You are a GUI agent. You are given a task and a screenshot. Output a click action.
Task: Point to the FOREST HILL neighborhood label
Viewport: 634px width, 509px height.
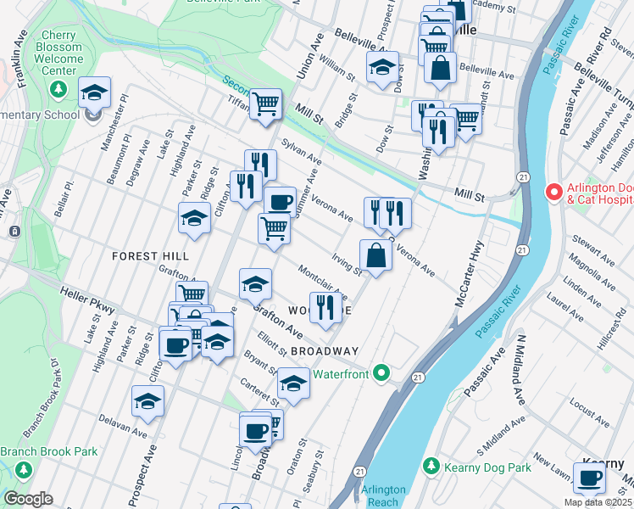point(148,255)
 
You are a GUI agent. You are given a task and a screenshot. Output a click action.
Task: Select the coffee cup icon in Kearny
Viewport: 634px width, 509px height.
point(589,478)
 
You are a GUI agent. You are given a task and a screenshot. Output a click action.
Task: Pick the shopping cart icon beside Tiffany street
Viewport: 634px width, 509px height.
point(266,104)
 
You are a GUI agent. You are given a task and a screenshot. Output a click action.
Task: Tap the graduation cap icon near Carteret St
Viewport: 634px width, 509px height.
point(293,383)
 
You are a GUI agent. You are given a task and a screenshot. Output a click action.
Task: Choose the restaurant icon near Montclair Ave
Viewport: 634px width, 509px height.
point(325,307)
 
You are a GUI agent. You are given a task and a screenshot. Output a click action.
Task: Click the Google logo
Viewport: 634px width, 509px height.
point(28,499)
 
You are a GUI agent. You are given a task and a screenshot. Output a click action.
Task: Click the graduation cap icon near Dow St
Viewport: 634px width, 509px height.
point(382,66)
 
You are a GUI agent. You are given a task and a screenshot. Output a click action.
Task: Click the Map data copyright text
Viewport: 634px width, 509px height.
point(598,502)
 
